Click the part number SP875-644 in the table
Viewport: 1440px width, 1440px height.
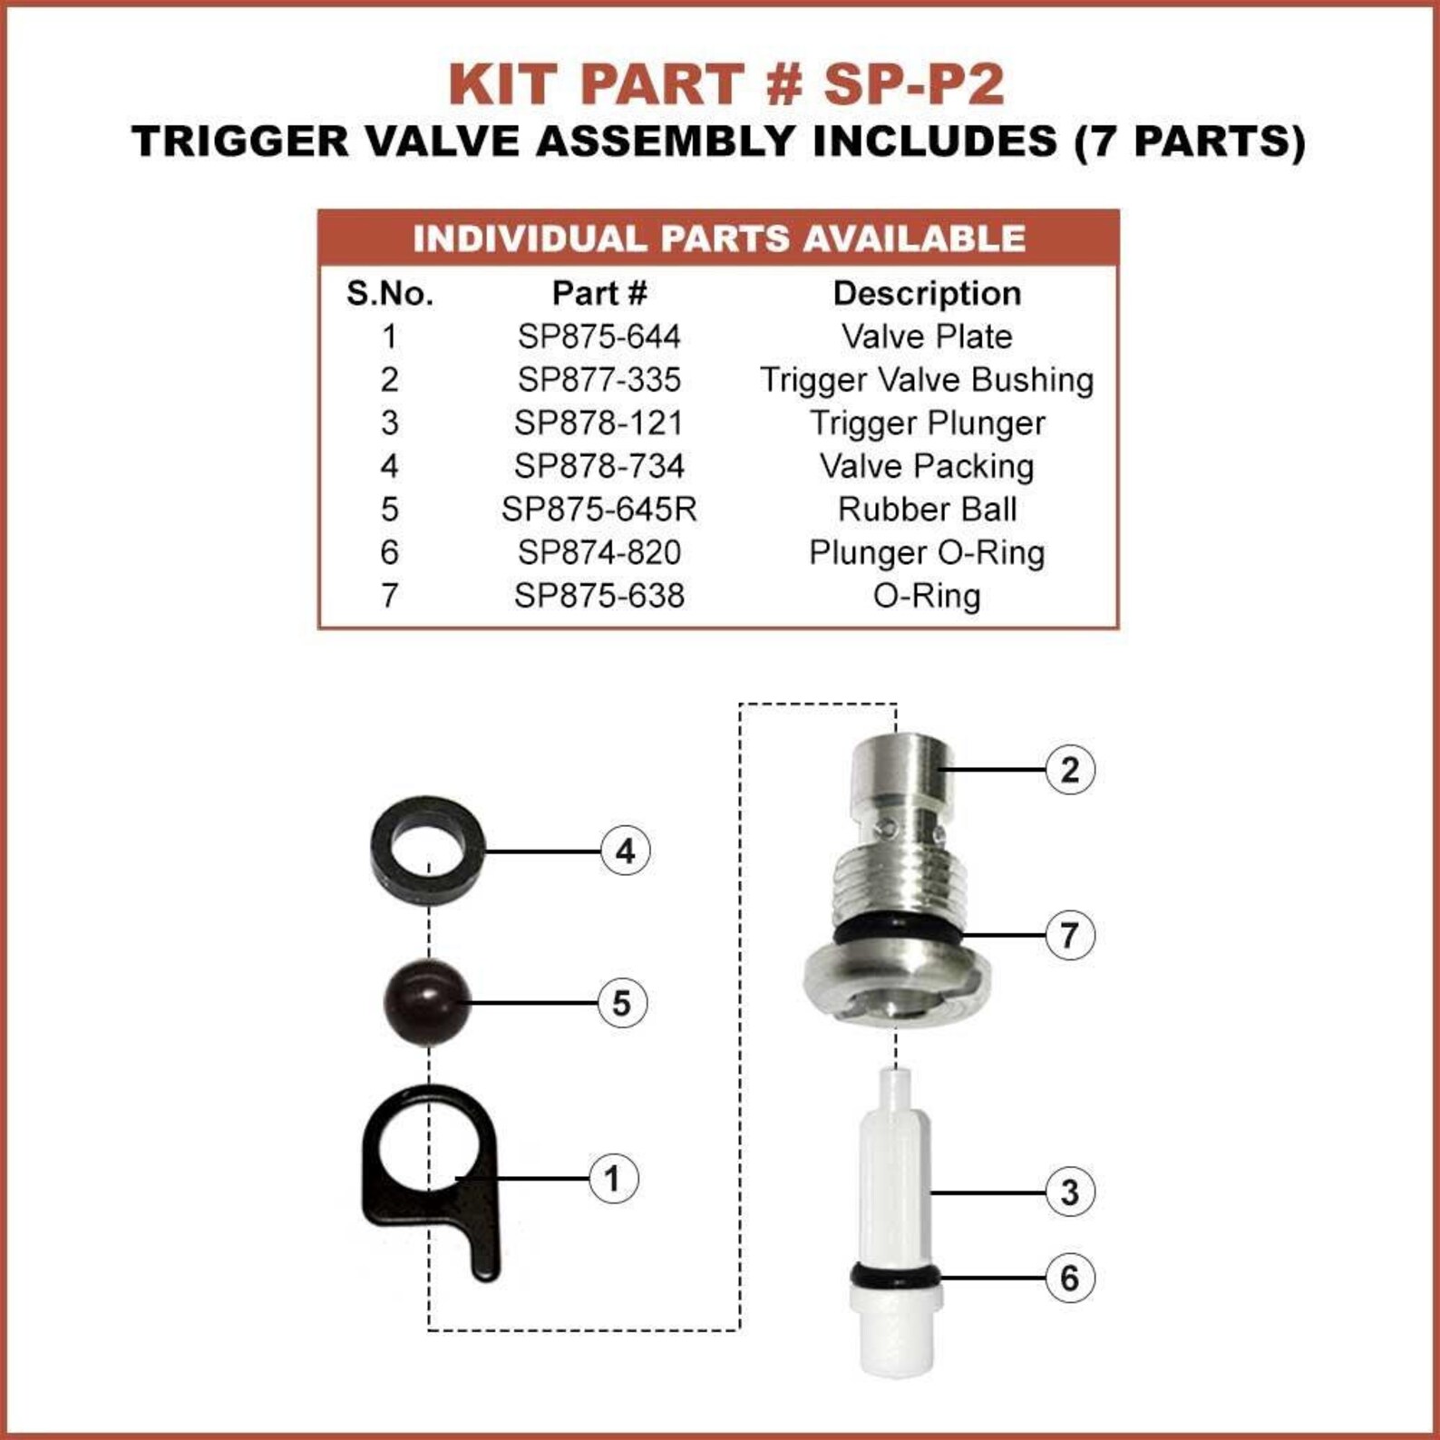coord(598,336)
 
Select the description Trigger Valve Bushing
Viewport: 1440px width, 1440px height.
coord(927,379)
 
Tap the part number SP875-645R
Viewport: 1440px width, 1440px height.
coord(598,509)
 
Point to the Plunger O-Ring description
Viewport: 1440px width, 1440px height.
coord(927,552)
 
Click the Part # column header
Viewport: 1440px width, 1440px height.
coord(598,293)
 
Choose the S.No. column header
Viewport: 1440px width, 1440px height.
coord(390,293)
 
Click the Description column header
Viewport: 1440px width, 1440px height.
coord(927,293)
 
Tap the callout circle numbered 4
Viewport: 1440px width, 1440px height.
coord(626,851)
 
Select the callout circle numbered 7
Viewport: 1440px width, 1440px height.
coord(1070,935)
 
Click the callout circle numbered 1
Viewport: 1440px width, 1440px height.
coord(613,1179)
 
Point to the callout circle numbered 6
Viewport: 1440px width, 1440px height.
coord(1070,1278)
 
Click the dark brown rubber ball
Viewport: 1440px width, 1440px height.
coord(427,1002)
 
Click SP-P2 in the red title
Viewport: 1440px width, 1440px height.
coord(913,84)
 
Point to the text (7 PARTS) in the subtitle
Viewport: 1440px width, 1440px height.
coord(1190,141)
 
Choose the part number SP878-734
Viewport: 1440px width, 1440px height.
coord(598,466)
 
